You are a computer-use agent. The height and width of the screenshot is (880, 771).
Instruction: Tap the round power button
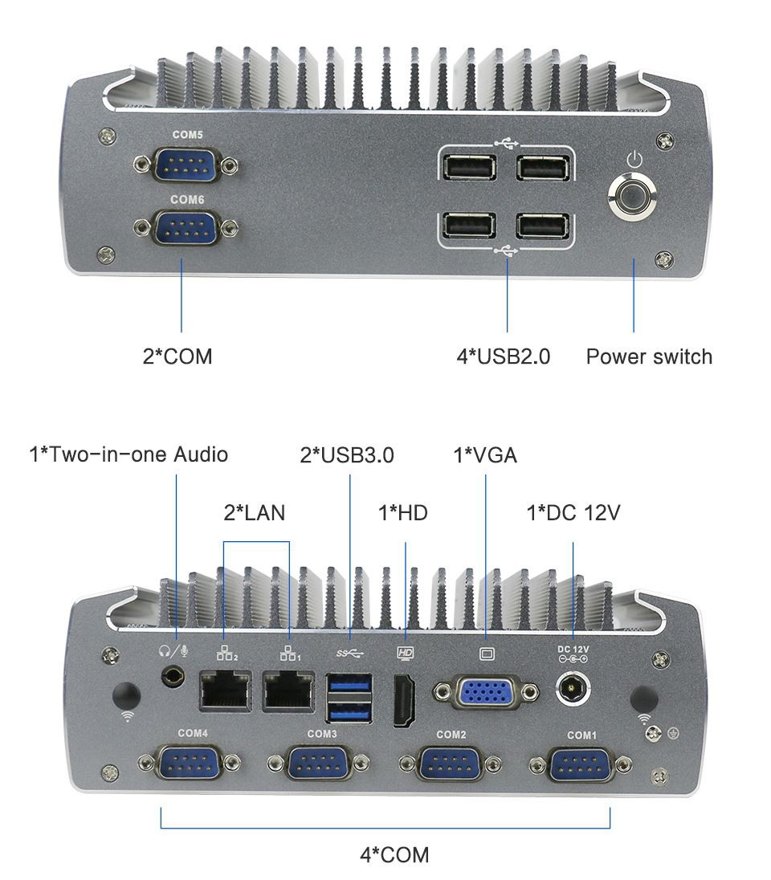[633, 197]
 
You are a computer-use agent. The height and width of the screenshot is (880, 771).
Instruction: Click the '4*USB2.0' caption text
[504, 356]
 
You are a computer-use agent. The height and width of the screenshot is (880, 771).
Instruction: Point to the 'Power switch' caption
[649, 356]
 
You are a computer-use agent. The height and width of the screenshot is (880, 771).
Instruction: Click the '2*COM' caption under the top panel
[177, 356]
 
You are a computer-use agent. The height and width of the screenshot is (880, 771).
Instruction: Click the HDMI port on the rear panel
[404, 701]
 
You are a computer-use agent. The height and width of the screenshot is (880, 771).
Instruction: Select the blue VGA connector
[486, 692]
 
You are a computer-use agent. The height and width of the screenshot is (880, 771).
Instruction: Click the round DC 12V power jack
[573, 688]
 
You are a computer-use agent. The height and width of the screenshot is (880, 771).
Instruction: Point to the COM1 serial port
[581, 763]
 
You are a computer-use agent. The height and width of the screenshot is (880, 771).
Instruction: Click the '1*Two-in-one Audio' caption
[128, 454]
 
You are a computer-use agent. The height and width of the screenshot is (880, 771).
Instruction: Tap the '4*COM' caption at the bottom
[394, 854]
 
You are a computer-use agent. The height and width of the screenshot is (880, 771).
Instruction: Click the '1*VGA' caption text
[485, 455]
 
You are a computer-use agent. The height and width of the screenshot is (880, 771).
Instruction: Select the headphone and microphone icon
[173, 651]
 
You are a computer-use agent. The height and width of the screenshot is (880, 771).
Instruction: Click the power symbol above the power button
[634, 157]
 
